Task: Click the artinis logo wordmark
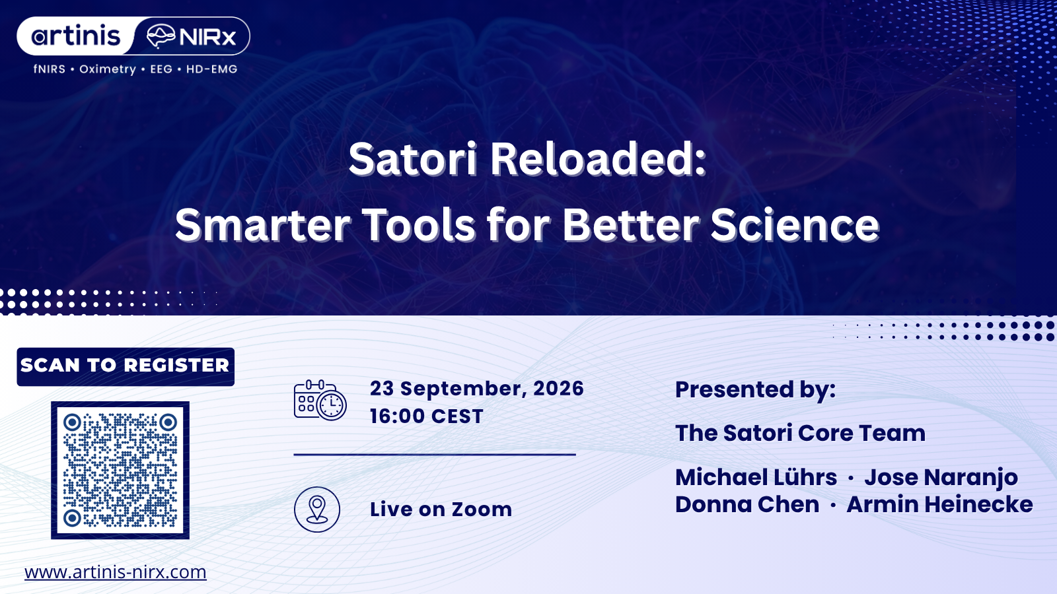(76, 36)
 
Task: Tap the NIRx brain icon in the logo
(161, 36)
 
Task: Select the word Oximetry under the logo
(108, 69)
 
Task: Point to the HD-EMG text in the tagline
(211, 69)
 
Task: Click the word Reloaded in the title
(598, 159)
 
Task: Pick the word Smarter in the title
(262, 224)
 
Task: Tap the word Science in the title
(795, 224)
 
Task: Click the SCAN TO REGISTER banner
(126, 367)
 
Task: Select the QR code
(120, 470)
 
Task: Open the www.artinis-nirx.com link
(116, 572)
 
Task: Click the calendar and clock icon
(320, 400)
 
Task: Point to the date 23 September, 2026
(476, 388)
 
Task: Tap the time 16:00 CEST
(427, 416)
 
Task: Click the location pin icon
(317, 510)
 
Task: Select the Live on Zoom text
(441, 509)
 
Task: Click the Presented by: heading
(756, 390)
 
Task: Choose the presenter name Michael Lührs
(756, 477)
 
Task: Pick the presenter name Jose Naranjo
(941, 478)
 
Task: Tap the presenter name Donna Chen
(747, 504)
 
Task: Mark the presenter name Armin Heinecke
(939, 504)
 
